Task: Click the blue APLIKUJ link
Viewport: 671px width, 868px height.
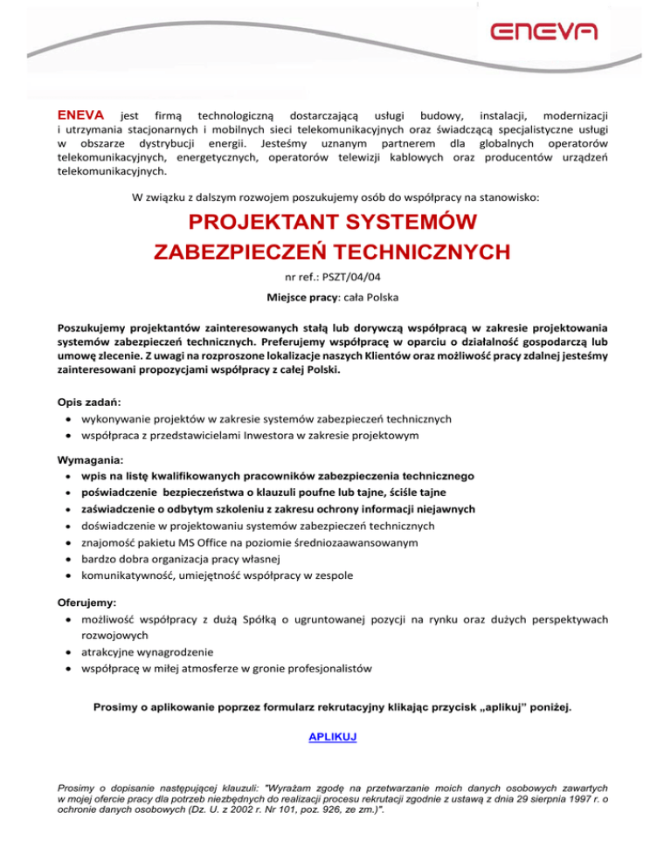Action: tap(333, 737)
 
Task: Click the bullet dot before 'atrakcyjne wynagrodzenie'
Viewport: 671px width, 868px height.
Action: tap(67, 651)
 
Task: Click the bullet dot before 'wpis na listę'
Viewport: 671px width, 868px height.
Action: tap(67, 477)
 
